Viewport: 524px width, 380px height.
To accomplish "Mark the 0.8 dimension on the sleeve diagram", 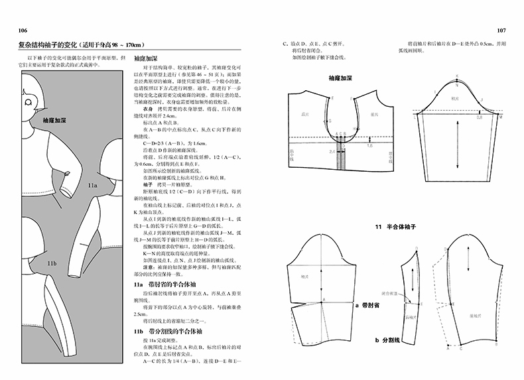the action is click(x=479, y=117).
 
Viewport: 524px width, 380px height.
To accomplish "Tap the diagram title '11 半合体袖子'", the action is click(x=397, y=227).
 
